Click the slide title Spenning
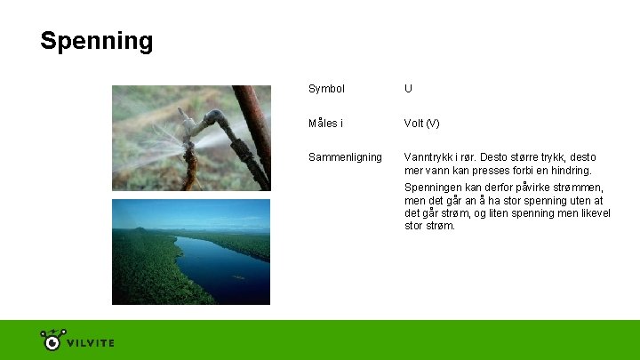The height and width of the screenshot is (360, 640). point(96,41)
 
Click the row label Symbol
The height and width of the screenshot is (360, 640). point(326,89)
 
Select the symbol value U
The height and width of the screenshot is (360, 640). point(408,89)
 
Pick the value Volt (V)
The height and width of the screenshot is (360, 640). point(421,123)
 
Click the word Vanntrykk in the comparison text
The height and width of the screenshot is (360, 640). point(429,157)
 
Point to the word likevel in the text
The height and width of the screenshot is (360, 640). point(591,213)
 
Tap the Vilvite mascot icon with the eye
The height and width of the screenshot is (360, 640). point(52,340)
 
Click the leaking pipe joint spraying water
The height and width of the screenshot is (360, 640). point(206,125)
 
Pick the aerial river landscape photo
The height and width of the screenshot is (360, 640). point(190,252)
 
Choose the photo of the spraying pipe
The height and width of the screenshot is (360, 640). point(190,138)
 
